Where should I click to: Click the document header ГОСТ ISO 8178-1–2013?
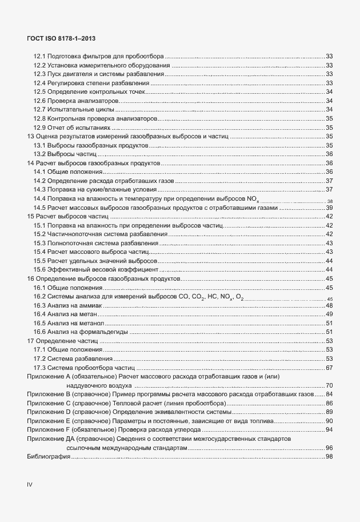click(61, 38)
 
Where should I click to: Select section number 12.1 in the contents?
click(39, 56)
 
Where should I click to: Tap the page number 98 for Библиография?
click(329, 456)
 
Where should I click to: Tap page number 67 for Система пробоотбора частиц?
click(329, 368)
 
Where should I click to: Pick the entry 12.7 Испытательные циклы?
click(73, 109)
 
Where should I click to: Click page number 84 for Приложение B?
click(329, 395)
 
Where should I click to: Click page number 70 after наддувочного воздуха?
click(329, 385)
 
